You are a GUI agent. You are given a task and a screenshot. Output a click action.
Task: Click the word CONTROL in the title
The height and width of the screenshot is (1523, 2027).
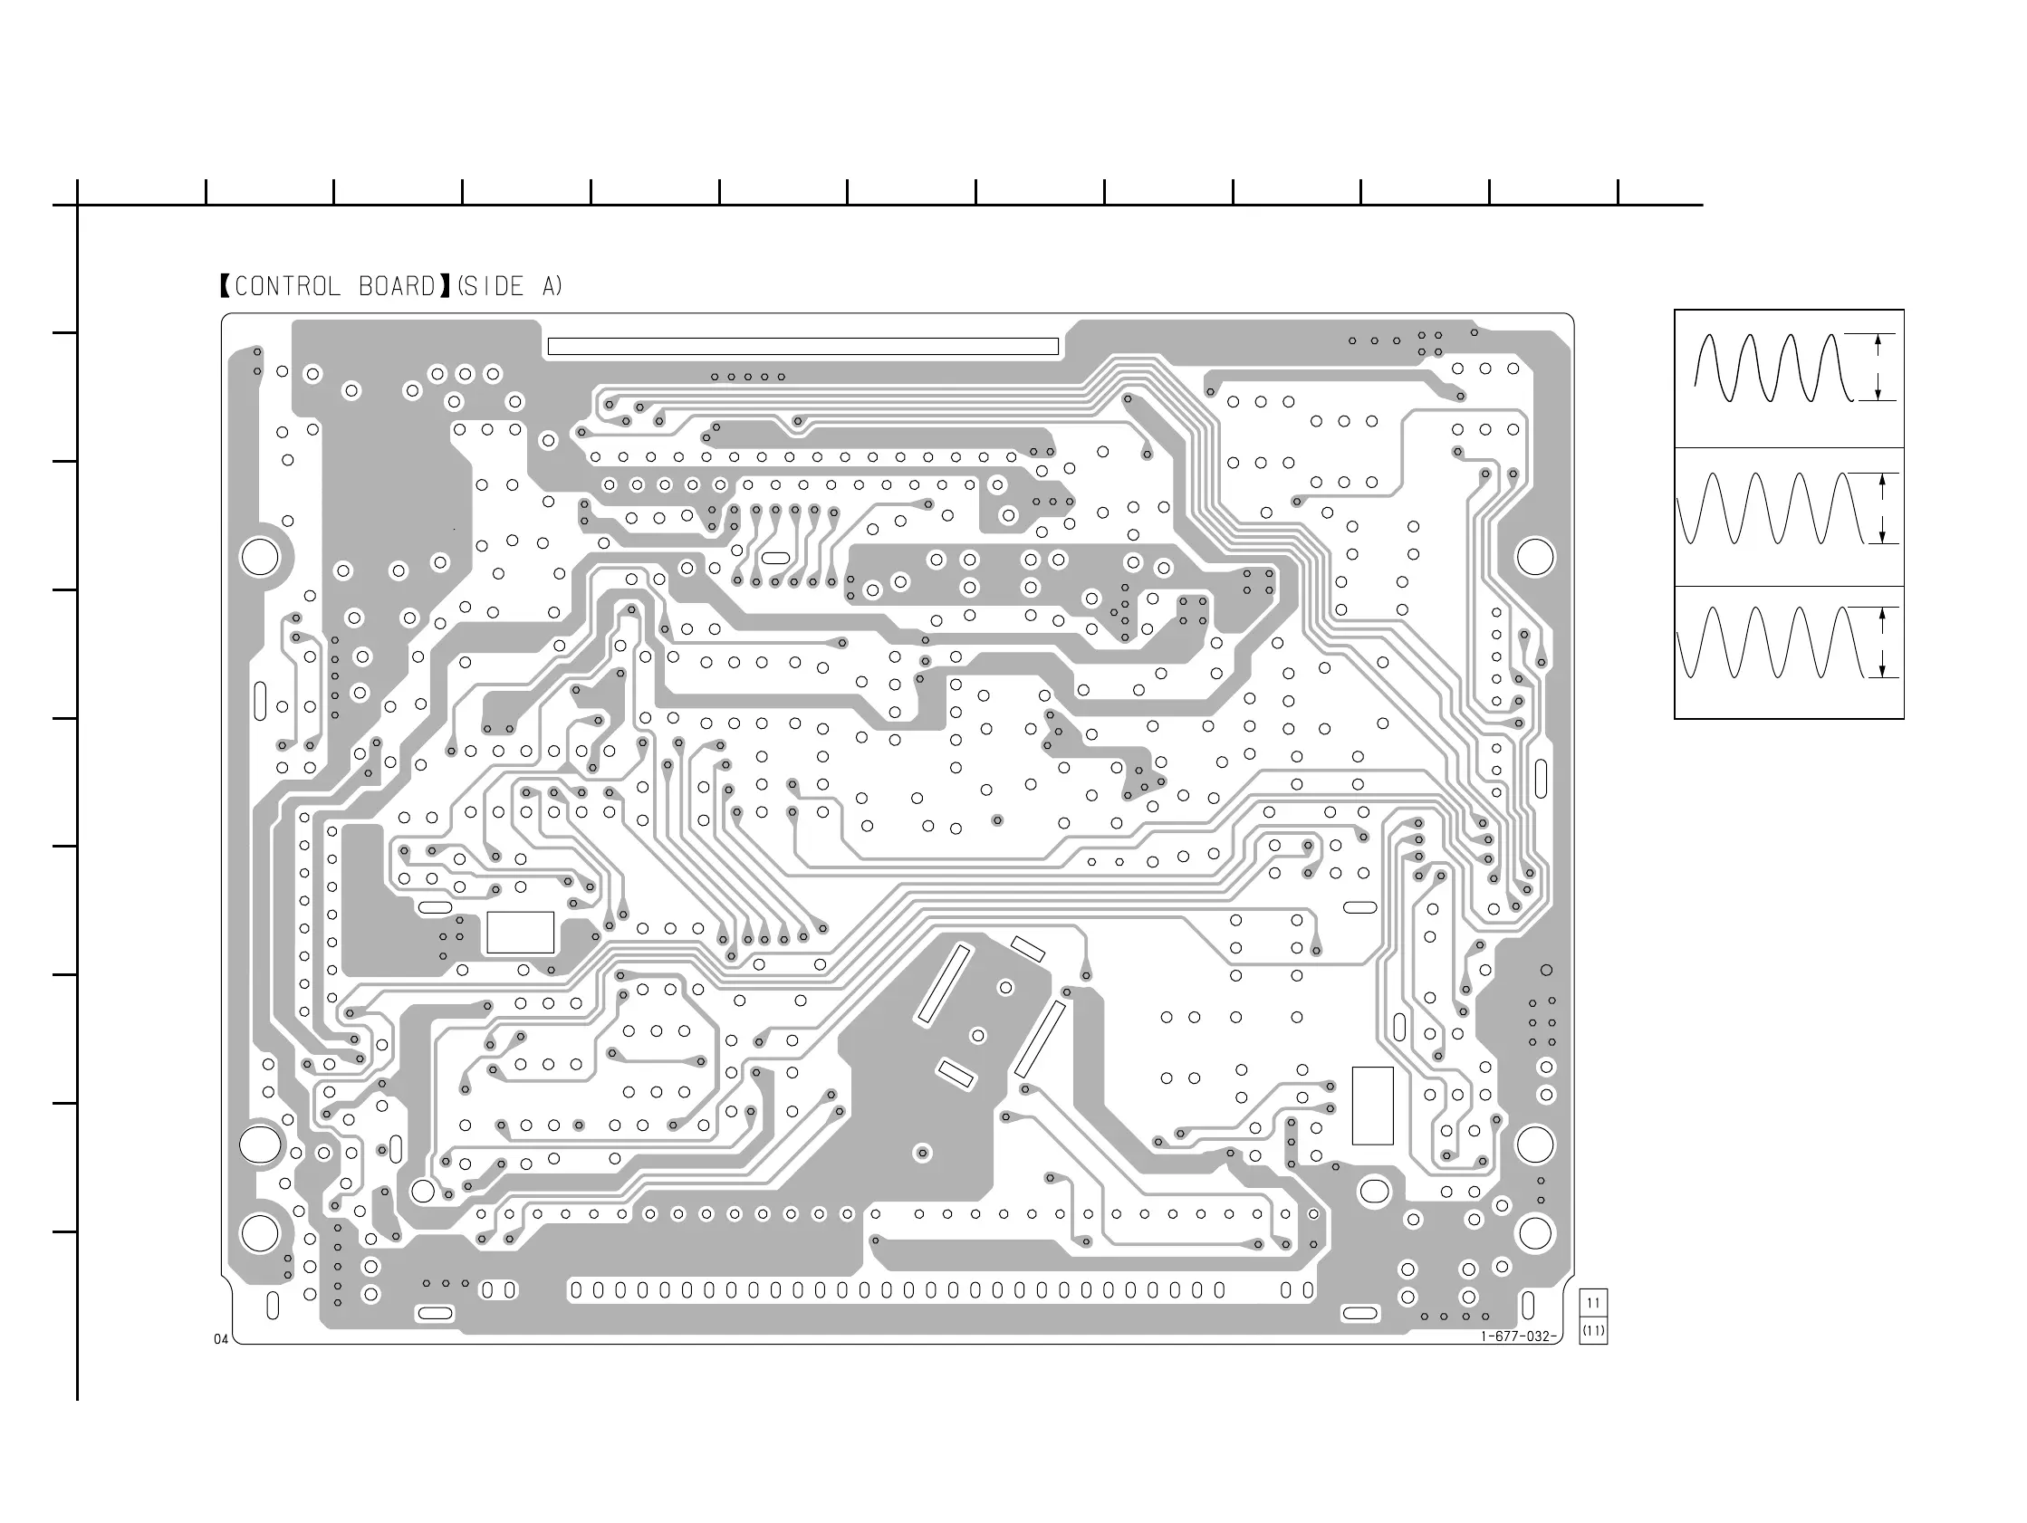click(288, 287)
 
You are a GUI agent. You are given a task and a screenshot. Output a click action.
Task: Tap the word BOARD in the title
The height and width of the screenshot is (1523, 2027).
click(397, 287)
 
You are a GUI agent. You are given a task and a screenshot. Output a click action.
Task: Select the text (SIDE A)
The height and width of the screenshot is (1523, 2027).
click(510, 287)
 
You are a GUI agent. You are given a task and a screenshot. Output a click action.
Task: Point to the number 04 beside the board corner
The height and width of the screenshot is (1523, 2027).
click(221, 1340)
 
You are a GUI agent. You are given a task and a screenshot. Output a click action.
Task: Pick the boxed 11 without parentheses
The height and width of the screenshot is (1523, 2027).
click(1593, 1303)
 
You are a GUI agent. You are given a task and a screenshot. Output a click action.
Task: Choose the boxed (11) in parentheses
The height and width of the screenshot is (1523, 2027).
click(1593, 1330)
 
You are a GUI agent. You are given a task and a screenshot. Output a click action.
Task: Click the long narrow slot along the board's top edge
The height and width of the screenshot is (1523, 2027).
click(802, 347)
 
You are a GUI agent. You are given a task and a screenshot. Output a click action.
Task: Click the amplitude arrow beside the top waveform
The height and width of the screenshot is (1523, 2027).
click(1878, 368)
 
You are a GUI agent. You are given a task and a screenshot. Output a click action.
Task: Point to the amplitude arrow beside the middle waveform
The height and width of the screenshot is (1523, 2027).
click(1882, 509)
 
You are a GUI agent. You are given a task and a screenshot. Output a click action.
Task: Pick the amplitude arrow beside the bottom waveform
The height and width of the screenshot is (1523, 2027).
click(1882, 642)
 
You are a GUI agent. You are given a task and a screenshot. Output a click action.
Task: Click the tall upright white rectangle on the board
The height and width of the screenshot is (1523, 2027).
click(1372, 1106)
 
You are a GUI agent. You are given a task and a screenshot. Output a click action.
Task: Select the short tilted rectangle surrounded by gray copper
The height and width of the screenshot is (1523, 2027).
click(955, 1073)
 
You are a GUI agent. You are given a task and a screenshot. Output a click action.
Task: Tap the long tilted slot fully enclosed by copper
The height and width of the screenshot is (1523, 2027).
click(942, 984)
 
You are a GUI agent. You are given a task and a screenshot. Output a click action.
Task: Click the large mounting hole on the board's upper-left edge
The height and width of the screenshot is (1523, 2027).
click(259, 556)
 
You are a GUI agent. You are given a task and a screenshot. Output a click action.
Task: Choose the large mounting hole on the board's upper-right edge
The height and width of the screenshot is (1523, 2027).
click(1535, 556)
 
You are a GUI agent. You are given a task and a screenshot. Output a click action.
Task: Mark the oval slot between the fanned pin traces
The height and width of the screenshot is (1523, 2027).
click(775, 558)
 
